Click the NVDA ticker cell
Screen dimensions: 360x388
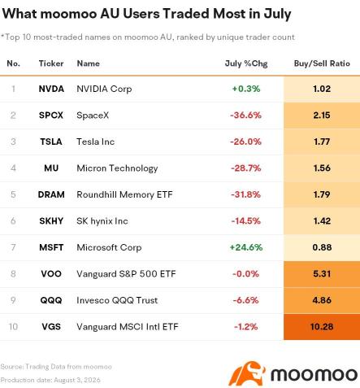tap(51, 89)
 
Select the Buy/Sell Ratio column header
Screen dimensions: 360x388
tap(322, 63)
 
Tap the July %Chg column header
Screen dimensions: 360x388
tap(246, 63)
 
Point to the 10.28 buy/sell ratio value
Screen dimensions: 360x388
tap(322, 326)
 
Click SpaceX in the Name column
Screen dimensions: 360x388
tap(93, 116)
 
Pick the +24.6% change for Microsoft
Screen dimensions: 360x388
tap(246, 247)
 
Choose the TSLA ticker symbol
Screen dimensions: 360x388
tap(51, 142)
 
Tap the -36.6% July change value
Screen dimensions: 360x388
tap(246, 116)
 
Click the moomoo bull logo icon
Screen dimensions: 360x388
tap(247, 373)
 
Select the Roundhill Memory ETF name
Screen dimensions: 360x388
tap(124, 194)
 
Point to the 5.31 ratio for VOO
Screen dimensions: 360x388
tap(322, 273)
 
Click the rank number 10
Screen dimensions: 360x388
tap(13, 326)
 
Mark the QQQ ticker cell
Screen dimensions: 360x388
tap(51, 300)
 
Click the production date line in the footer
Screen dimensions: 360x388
tap(50, 380)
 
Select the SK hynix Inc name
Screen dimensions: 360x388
tap(102, 221)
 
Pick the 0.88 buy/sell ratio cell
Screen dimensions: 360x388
tap(322, 247)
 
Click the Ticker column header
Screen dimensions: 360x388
tap(51, 63)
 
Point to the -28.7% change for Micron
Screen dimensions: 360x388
tap(246, 168)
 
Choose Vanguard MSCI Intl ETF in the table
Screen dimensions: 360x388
tap(128, 326)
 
